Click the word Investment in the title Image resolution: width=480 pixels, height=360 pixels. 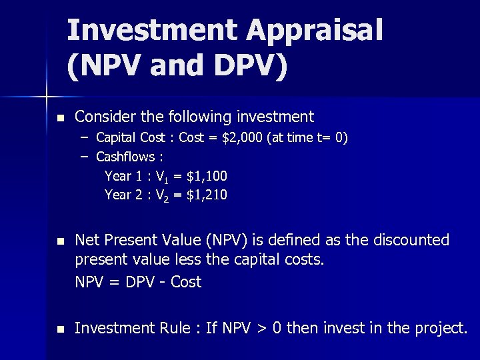click(152, 31)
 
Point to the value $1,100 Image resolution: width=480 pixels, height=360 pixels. click(207, 176)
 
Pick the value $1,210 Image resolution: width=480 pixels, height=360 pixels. click(207, 195)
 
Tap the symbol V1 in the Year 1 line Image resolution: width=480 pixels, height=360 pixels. click(161, 177)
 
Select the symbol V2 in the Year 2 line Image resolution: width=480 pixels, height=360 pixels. click(161, 195)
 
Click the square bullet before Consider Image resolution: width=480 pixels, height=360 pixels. click(61, 118)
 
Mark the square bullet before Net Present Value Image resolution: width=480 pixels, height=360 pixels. click(61, 241)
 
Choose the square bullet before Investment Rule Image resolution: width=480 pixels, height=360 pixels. click(61, 329)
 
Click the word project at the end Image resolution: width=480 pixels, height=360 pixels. click(439, 329)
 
